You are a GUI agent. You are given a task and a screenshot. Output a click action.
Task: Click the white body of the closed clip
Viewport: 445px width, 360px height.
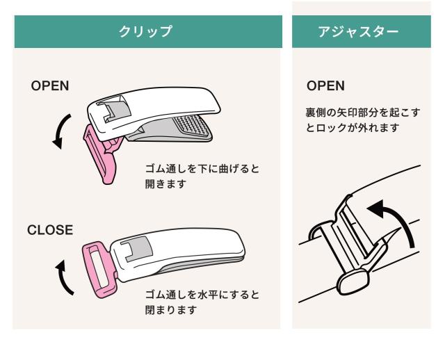tap(188, 250)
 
